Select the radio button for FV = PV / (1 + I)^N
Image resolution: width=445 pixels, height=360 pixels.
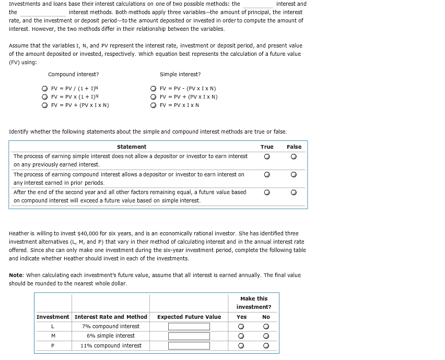click(x=45, y=89)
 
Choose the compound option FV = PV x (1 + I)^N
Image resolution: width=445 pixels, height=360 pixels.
click(x=45, y=97)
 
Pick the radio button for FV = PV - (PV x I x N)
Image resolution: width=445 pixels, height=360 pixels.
click(x=153, y=89)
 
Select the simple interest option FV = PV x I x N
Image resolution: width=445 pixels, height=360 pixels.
click(x=153, y=105)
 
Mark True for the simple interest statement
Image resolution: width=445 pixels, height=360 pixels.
click(x=267, y=156)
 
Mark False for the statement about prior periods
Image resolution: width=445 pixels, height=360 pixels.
click(x=294, y=174)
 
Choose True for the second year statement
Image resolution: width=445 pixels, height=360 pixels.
click(x=267, y=193)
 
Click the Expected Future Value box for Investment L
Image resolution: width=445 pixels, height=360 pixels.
click(x=189, y=327)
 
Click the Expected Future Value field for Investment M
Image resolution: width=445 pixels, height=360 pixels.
click(x=189, y=336)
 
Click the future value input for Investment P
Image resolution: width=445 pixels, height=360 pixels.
click(x=189, y=345)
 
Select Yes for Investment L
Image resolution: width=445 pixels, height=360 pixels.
click(x=241, y=327)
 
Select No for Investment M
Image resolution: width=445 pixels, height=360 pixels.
click(x=266, y=336)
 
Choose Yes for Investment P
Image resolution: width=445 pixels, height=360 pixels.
click(x=241, y=345)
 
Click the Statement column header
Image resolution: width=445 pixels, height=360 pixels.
click(x=132, y=147)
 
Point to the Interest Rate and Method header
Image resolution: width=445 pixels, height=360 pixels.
click(x=111, y=317)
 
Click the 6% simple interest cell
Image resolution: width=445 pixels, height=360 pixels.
click(x=111, y=336)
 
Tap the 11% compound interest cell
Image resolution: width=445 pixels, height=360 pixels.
click(x=111, y=345)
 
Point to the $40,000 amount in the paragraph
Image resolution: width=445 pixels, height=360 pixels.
click(x=86, y=233)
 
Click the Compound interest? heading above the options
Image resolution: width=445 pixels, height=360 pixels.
click(x=73, y=74)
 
